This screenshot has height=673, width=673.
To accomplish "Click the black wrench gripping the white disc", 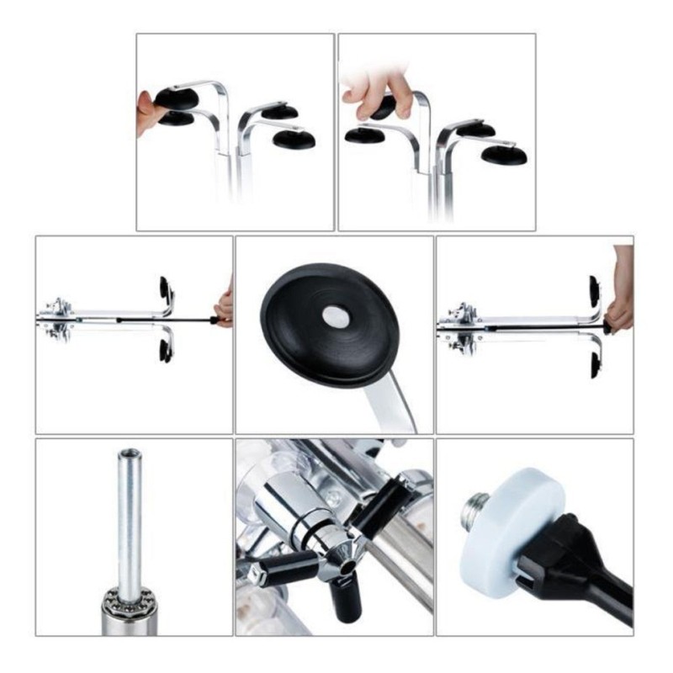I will [x=580, y=572].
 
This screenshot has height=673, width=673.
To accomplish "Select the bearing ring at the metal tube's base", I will [x=130, y=601].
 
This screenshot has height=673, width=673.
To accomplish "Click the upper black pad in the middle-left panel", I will [x=165, y=288].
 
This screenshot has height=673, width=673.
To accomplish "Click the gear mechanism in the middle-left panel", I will [x=57, y=318].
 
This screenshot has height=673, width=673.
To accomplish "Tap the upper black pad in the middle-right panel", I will [x=595, y=289].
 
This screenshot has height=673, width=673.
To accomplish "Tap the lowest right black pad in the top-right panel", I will [x=504, y=155].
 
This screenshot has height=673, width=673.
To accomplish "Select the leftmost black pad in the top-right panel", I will [x=364, y=135].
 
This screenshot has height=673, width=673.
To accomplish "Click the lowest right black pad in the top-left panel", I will [x=294, y=139].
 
